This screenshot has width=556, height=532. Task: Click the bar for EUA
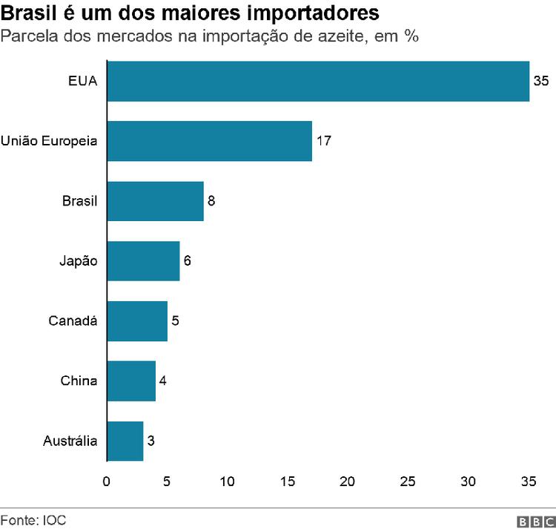[x=318, y=81]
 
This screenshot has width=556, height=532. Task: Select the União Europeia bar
[x=209, y=141]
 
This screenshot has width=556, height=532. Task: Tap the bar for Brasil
[x=155, y=201]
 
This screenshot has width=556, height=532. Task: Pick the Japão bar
[x=143, y=261]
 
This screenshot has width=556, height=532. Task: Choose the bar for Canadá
[x=137, y=321]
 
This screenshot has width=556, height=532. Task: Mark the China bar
[x=131, y=381]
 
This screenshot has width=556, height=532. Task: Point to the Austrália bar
[x=125, y=441]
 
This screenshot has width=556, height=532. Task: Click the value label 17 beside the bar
[x=323, y=141]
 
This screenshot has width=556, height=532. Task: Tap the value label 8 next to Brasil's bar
[x=211, y=201]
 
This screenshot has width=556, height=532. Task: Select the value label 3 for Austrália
[x=151, y=441]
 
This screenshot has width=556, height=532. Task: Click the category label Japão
[x=79, y=261]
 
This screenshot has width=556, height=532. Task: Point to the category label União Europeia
[x=50, y=141]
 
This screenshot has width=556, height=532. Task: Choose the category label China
[x=79, y=381]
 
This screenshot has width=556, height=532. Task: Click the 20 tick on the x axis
[x=347, y=482]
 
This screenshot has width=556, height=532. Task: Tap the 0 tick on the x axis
[x=107, y=482]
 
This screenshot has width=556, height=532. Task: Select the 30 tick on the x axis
[x=468, y=482]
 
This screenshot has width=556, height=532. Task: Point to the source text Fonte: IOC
[x=33, y=520]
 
